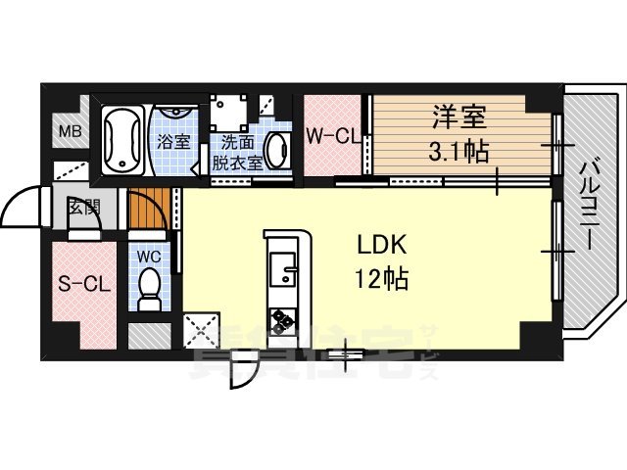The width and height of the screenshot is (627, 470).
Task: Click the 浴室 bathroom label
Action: coord(174,141)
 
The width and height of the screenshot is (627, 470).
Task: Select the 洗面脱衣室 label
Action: coord(239,152)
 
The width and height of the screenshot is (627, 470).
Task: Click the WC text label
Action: coord(149,256)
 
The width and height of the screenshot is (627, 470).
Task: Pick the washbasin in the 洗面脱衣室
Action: coord(278,152)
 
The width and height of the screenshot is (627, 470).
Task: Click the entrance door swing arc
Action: coord(22,206)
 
